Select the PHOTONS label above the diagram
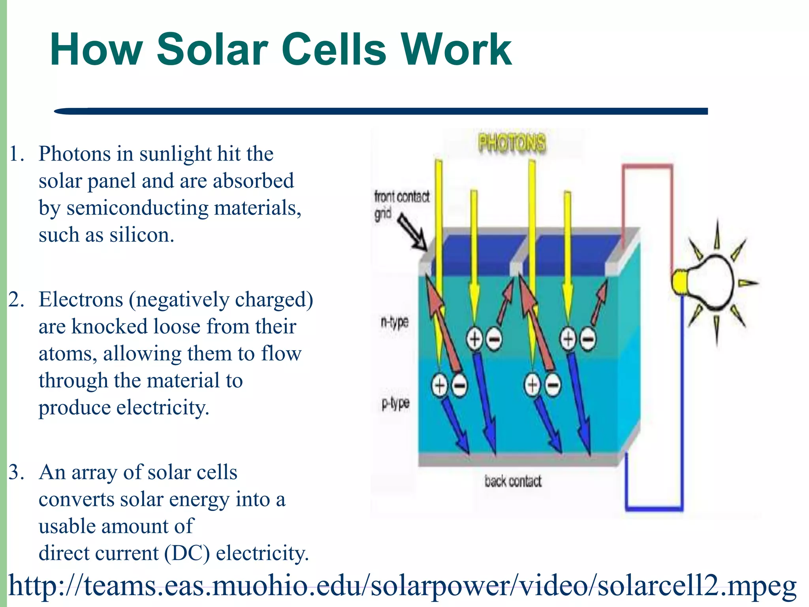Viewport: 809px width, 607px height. (x=512, y=143)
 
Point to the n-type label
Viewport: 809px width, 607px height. (x=394, y=322)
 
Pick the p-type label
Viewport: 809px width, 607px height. (x=395, y=403)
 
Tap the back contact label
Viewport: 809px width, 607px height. (x=513, y=481)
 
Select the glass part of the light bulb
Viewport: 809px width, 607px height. (x=711, y=281)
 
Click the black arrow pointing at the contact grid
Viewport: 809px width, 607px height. (x=412, y=232)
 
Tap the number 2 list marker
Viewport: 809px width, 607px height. (x=16, y=300)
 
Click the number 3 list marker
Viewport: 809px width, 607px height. (x=16, y=472)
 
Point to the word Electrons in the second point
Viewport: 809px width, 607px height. (x=81, y=300)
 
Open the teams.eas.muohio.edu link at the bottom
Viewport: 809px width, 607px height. (x=402, y=585)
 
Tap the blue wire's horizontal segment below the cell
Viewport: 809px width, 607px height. (x=654, y=509)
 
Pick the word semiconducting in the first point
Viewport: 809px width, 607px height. (x=137, y=208)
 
